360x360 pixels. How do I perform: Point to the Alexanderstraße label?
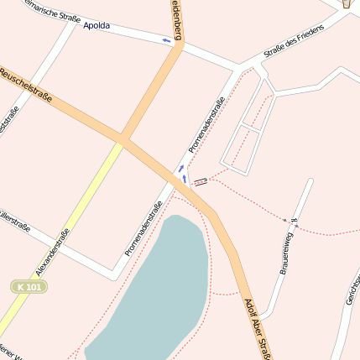[52, 253]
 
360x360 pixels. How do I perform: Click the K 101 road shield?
[29, 287]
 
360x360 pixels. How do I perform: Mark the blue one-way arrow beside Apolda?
[167, 39]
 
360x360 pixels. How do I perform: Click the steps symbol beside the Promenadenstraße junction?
[200, 181]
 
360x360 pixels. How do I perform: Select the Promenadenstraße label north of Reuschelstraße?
[206, 125]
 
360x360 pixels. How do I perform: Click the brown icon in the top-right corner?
[347, 4]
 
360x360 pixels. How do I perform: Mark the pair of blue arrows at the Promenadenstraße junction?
[181, 172]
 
